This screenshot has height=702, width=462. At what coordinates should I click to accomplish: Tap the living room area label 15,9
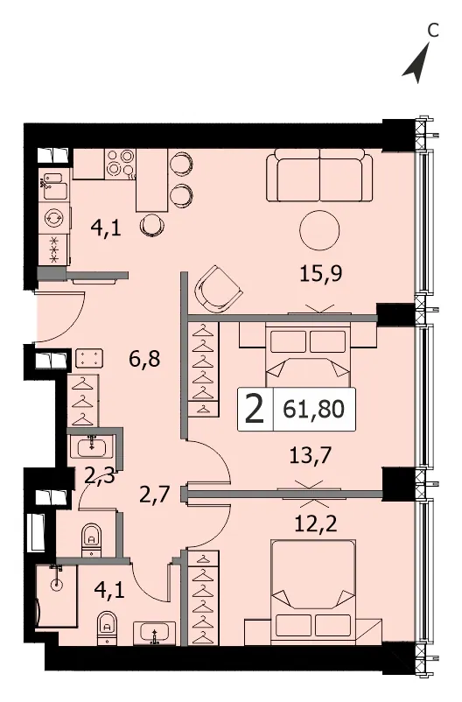[320, 273]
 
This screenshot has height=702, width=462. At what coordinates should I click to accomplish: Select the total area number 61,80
[313, 409]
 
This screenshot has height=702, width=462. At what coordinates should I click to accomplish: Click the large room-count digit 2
[255, 410]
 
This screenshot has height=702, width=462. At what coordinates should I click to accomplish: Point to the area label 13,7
[311, 456]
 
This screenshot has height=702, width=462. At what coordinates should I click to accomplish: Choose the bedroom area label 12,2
[316, 523]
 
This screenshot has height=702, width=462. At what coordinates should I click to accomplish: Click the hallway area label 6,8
[144, 359]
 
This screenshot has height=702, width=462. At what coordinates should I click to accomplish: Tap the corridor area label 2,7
[155, 495]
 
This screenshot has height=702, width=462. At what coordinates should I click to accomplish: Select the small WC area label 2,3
[100, 475]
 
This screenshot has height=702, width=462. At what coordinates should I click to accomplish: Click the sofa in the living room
[319, 175]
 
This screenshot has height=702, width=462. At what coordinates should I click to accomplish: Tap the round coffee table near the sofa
[319, 231]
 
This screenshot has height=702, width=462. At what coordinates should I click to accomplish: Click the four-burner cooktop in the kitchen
[121, 164]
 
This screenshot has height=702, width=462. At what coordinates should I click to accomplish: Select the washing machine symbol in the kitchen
[54, 218]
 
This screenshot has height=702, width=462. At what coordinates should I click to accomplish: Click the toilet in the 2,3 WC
[92, 538]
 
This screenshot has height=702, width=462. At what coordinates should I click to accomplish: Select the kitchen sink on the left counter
[54, 185]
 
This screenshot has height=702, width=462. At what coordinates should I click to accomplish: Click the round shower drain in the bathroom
[56, 584]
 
